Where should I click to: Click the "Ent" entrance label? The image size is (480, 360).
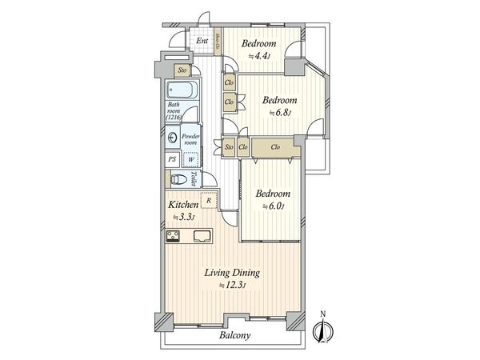point(202,41)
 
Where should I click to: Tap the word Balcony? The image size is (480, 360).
point(234,336)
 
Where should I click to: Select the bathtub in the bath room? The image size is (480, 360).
point(179,90)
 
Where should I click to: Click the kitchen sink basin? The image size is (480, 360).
point(201,236)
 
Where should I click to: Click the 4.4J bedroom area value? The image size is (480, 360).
point(260,56)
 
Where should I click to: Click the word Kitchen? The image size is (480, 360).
point(183,204)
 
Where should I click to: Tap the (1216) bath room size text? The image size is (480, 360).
point(174,118)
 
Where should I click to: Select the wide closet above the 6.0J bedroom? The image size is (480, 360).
point(274,146)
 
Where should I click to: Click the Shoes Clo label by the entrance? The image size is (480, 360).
point(217,41)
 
